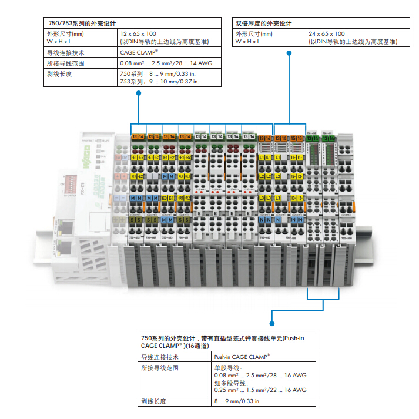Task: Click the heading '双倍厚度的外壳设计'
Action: [x=264, y=24]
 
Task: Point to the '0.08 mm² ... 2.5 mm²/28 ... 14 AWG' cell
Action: [x=159, y=62]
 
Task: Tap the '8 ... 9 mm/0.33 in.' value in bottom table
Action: [x=237, y=401]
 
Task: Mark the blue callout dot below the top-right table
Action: [x=289, y=53]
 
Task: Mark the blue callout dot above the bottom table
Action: [x=271, y=323]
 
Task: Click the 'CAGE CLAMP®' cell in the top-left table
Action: [x=139, y=52]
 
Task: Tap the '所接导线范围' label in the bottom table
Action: [x=159, y=368]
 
